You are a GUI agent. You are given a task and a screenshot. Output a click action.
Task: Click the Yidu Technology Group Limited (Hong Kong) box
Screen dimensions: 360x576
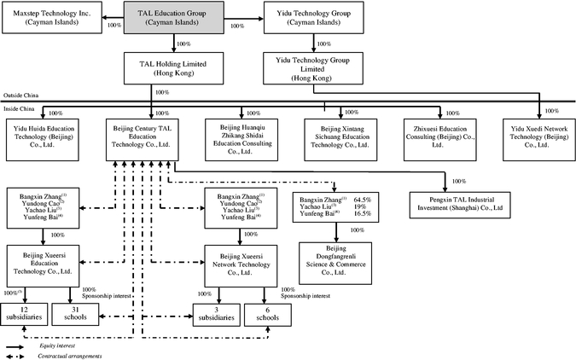click(x=317, y=67)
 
